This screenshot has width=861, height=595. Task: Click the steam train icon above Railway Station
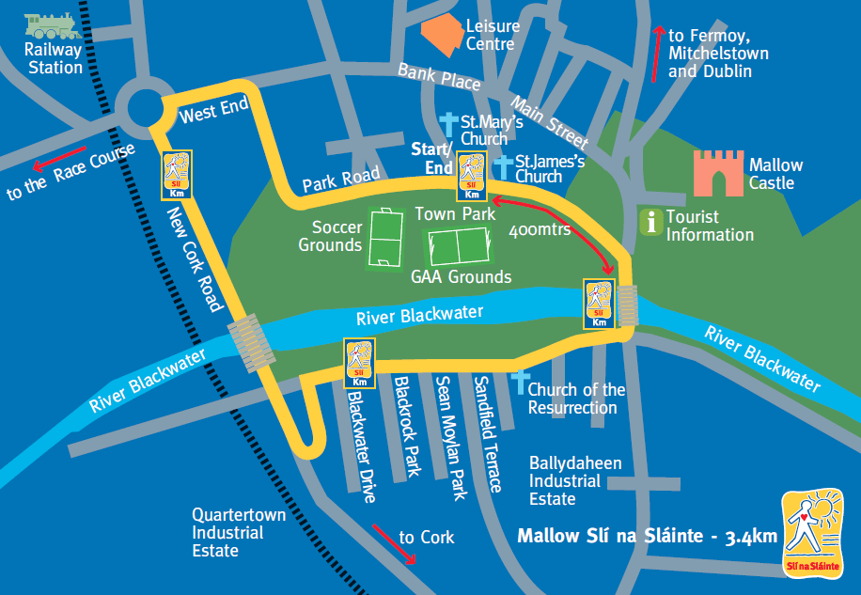[53, 24]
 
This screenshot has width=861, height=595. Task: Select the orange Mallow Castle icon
[718, 173]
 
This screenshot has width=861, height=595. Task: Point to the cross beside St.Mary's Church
[449, 125]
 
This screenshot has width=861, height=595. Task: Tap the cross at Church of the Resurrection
[518, 382]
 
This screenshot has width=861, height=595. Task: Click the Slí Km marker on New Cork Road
[178, 175]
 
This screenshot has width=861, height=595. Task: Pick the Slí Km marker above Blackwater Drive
[359, 365]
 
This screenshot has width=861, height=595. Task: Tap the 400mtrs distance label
[540, 230]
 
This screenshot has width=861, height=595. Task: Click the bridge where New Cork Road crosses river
[252, 343]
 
